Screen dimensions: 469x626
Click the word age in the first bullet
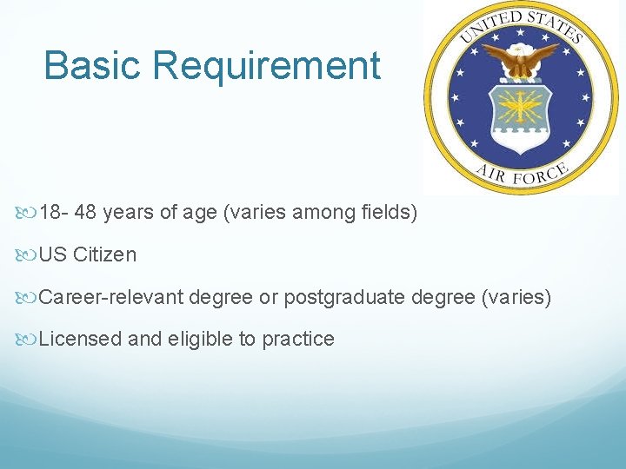[x=200, y=212]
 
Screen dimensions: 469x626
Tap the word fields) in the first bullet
[x=386, y=212]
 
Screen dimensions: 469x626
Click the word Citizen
[x=105, y=254]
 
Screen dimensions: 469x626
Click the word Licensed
[x=81, y=339]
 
